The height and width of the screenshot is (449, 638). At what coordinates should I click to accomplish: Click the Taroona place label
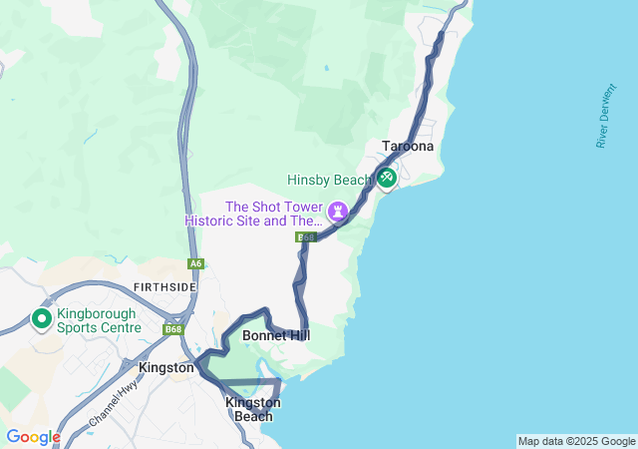tap(408, 147)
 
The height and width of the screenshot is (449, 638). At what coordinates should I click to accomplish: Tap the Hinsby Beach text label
tap(328, 181)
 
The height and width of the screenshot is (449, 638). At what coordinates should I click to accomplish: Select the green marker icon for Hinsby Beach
tap(386, 179)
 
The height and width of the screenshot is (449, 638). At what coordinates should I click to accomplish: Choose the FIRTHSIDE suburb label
tap(164, 287)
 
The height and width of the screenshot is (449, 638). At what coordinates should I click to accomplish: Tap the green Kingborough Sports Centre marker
tap(42, 319)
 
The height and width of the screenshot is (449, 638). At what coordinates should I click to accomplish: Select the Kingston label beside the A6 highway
tap(166, 368)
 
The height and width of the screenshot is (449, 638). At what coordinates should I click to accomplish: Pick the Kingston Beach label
tap(253, 409)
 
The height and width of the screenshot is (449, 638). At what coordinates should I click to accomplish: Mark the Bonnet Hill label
tap(276, 336)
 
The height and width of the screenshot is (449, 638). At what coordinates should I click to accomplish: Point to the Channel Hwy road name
tap(113, 402)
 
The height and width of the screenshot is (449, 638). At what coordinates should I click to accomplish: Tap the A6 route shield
tap(195, 264)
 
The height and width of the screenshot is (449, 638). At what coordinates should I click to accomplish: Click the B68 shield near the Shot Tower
tap(305, 237)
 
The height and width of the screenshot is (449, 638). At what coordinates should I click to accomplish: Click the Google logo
tap(33, 437)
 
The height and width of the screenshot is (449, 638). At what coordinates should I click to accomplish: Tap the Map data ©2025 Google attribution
tap(576, 441)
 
